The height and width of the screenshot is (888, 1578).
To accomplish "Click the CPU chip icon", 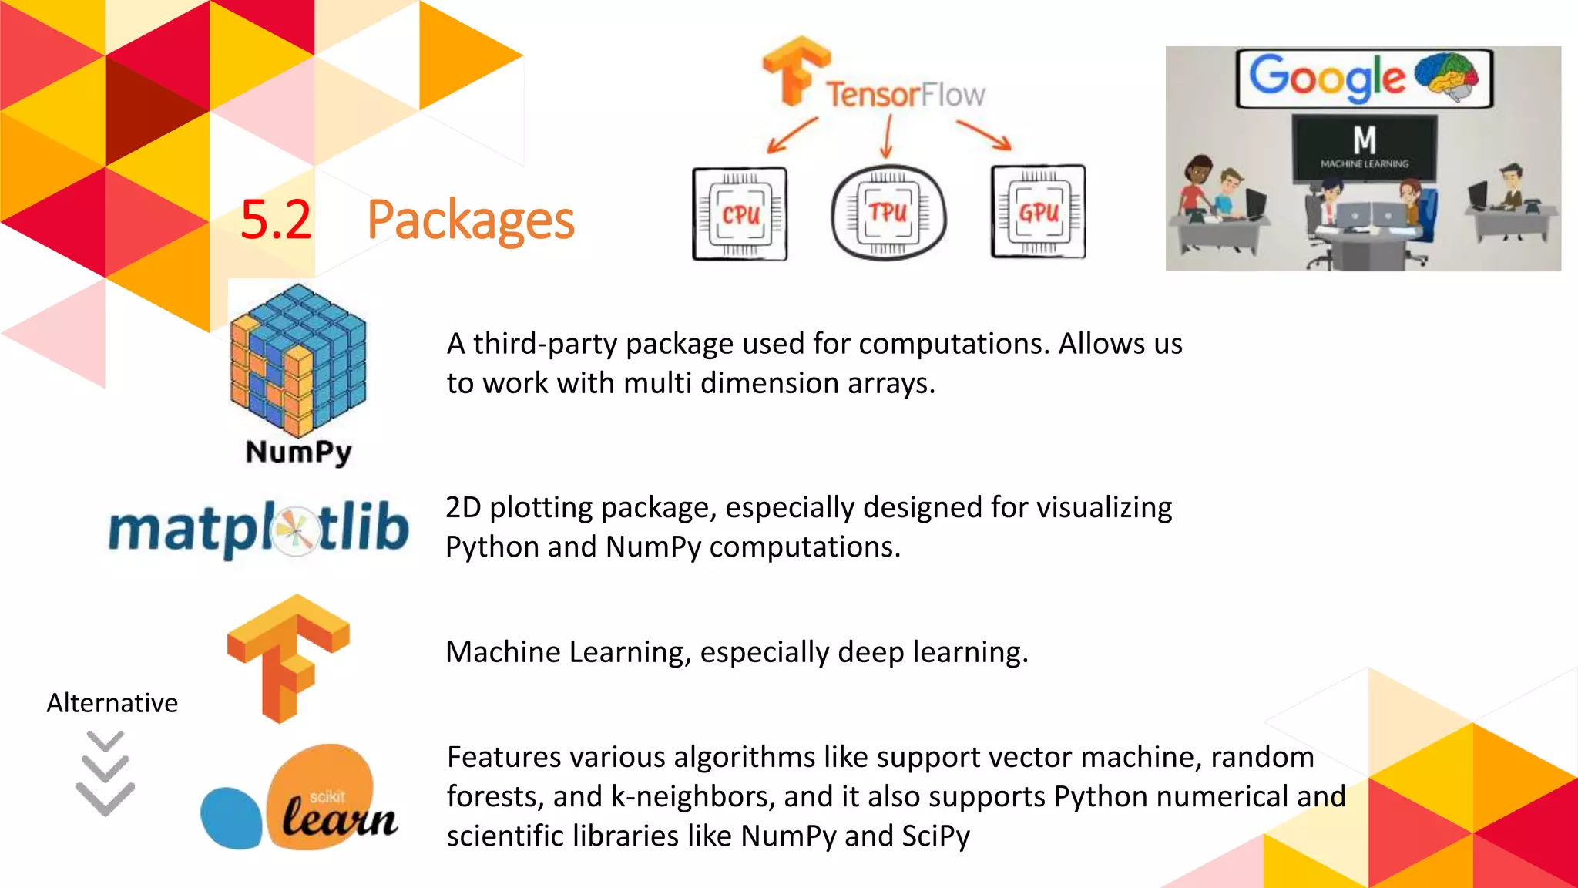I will point(740,214).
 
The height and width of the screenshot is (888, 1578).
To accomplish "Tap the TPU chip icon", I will point(888,213).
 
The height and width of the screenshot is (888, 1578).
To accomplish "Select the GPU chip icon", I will point(1039,212).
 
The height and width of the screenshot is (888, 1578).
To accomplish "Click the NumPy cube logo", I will point(298,359).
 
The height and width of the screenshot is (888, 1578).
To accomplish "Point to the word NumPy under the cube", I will point(299,452).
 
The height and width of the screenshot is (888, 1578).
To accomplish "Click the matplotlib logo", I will point(259,529).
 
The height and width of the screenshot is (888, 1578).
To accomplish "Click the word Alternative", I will point(112,703).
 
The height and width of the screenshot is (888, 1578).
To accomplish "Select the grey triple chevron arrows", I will point(106,773).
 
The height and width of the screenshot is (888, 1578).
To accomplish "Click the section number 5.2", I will point(275,220).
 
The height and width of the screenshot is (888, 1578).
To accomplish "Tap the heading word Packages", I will point(471,220).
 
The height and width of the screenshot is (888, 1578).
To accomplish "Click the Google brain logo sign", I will point(1364,79).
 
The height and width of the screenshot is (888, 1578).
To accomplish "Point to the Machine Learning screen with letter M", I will point(1365,147).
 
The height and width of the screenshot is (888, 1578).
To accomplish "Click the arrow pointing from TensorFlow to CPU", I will point(792,135).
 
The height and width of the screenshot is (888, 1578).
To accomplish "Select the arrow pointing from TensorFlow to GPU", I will point(984,135).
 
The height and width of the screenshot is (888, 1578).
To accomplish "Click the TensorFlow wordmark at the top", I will point(905,95).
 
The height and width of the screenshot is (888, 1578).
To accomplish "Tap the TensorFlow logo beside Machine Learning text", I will point(288,658).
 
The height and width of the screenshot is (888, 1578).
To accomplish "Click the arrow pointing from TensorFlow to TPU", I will point(888,136).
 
